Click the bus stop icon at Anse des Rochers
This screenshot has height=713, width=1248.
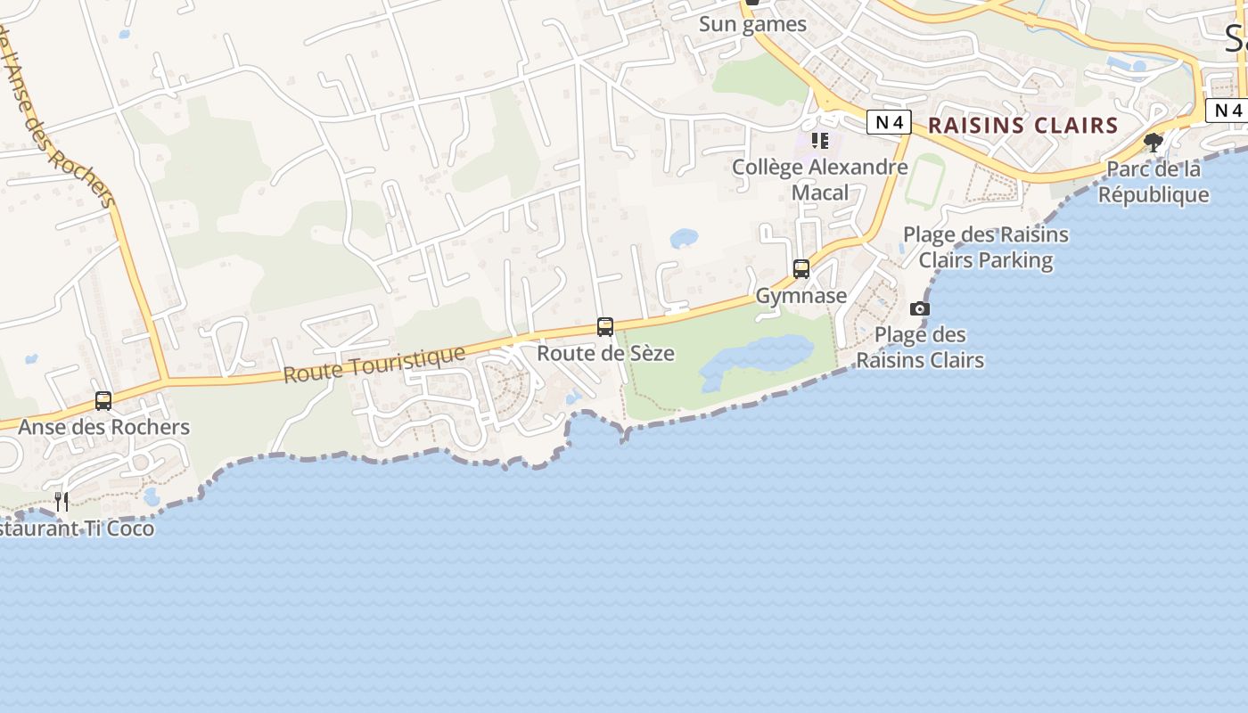103,401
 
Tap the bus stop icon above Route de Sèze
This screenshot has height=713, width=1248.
605,327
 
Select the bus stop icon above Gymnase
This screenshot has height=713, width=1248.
801,269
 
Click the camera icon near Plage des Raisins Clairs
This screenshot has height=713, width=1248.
919,309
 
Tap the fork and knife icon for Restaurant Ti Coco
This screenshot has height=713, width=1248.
62,502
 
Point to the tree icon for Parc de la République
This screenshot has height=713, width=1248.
1154,143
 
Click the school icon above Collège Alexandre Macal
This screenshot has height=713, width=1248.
820,141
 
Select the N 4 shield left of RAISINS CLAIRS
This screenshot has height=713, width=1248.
889,123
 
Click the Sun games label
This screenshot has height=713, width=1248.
752,24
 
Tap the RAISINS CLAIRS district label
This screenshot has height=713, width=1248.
1022,126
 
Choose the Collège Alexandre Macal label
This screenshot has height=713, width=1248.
820,179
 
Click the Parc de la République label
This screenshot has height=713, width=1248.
1154,182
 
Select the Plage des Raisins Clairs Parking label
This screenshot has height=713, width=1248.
986,248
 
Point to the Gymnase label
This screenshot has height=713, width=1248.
801,295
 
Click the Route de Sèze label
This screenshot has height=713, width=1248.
605,353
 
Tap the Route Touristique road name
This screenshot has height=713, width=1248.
374,365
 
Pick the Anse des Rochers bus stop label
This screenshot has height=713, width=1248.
104,427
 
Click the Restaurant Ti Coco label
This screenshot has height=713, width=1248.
76,529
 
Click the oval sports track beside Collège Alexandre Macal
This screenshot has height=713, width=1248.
924,181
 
